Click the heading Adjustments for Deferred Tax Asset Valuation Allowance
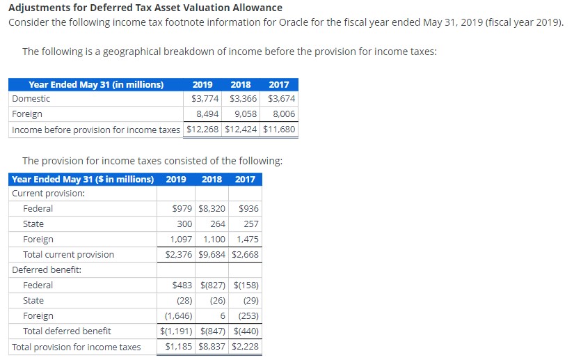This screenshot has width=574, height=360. click(x=145, y=8)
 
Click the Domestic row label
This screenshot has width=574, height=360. click(x=31, y=99)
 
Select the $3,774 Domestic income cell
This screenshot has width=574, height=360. click(x=205, y=99)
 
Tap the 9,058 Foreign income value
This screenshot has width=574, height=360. click(x=244, y=114)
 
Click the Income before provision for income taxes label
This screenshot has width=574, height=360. click(x=96, y=130)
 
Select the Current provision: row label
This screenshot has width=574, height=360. click(x=49, y=194)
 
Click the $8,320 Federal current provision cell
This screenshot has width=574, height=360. click(x=212, y=209)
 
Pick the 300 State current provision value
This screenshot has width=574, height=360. click(x=184, y=224)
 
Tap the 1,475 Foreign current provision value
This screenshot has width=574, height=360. click(x=248, y=240)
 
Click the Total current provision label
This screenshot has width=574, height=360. click(x=68, y=255)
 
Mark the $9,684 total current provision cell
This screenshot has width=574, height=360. click(x=212, y=255)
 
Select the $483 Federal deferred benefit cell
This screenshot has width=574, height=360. click(x=182, y=285)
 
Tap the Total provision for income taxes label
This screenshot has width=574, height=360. click(x=77, y=347)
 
